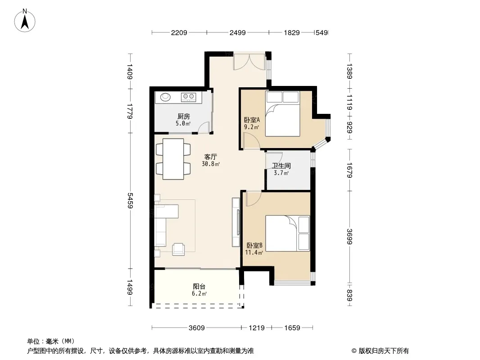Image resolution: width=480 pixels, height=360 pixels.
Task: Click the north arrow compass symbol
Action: tap(25, 21)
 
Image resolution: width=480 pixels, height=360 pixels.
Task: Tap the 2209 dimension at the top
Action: tap(179, 32)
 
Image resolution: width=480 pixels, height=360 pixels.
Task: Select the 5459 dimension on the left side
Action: tap(131, 201)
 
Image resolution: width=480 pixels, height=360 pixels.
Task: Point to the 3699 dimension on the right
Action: tap(349, 236)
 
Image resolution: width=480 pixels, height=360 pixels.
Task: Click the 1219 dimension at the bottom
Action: tap(257, 328)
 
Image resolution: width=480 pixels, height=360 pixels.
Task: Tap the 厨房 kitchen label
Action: tap(183, 116)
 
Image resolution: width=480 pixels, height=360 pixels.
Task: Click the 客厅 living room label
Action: tap(211, 157)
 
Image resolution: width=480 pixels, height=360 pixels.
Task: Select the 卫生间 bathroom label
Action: tap(281, 166)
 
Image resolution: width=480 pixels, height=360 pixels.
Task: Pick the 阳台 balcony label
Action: tap(199, 287)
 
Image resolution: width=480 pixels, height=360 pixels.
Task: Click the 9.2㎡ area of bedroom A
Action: tap(252, 127)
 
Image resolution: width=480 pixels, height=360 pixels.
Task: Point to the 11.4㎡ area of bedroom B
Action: tap(254, 252)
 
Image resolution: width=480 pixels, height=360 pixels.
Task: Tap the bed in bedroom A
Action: tap(282, 113)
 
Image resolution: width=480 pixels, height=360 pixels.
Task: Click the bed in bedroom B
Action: tap(287, 234)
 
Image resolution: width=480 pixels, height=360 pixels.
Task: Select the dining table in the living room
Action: tap(173, 159)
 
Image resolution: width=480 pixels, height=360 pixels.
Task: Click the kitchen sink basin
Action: tap(166, 97)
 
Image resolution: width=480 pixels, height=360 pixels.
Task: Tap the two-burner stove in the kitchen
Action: tap(188, 97)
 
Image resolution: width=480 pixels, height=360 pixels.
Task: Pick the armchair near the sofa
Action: tap(178, 249)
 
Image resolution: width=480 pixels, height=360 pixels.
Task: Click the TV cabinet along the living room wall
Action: tap(235, 222)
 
